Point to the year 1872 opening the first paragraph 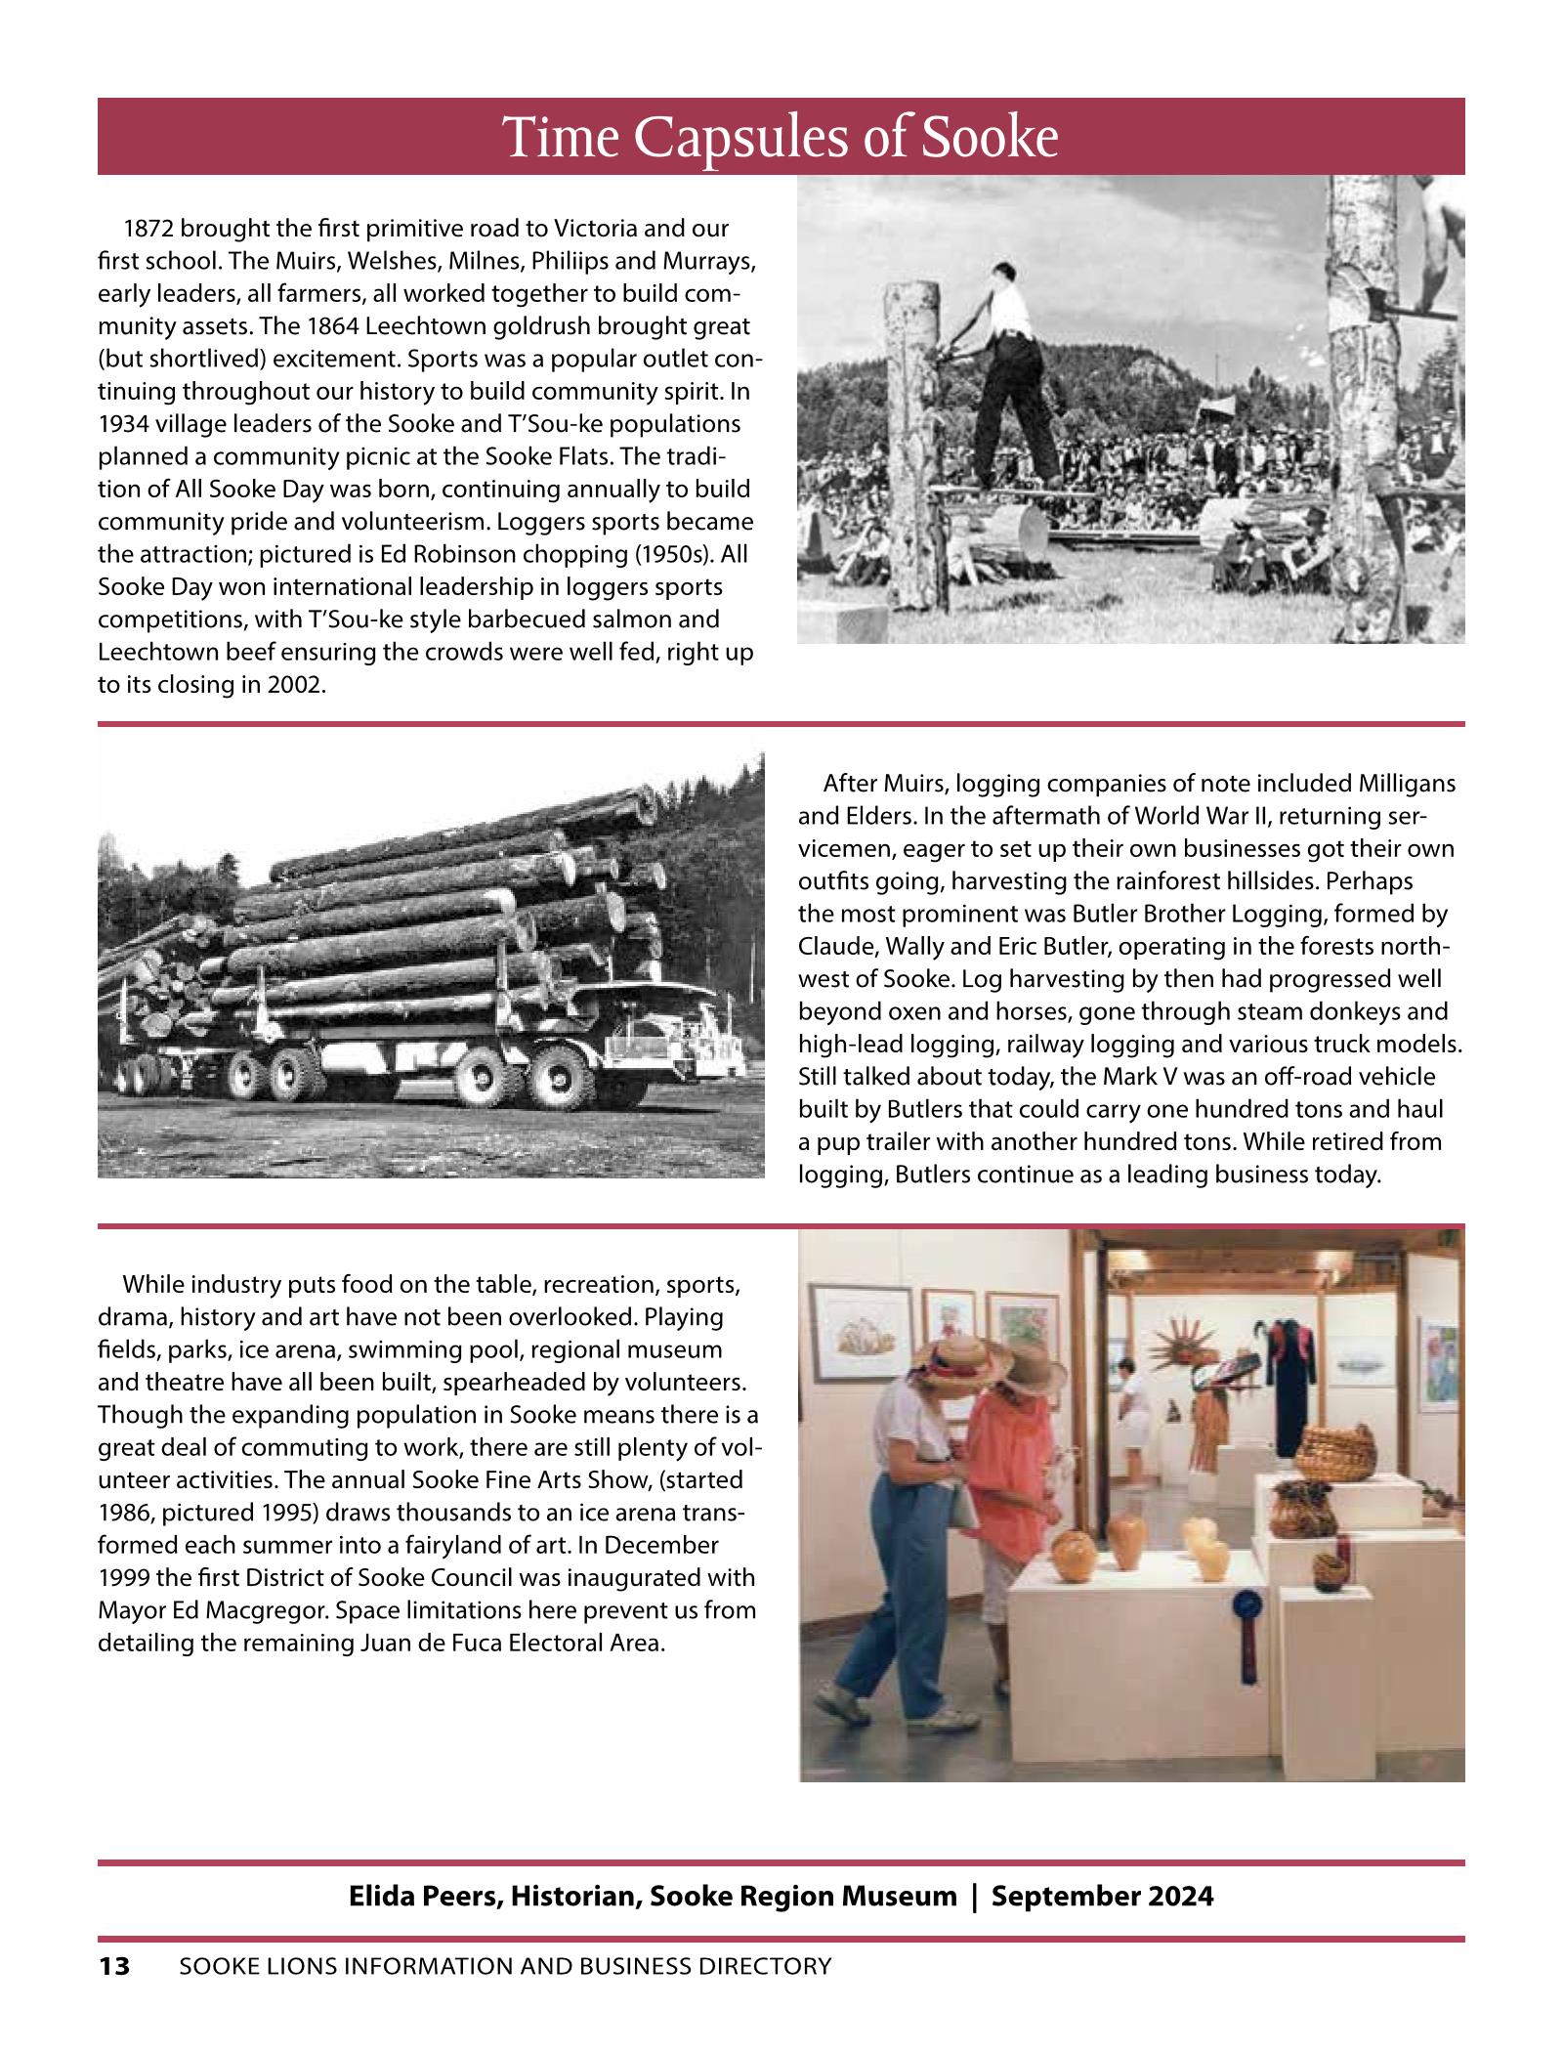tap(148, 230)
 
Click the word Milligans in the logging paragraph tap(1408, 784)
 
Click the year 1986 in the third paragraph tap(123, 1513)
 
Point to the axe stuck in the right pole tap(1412, 318)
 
